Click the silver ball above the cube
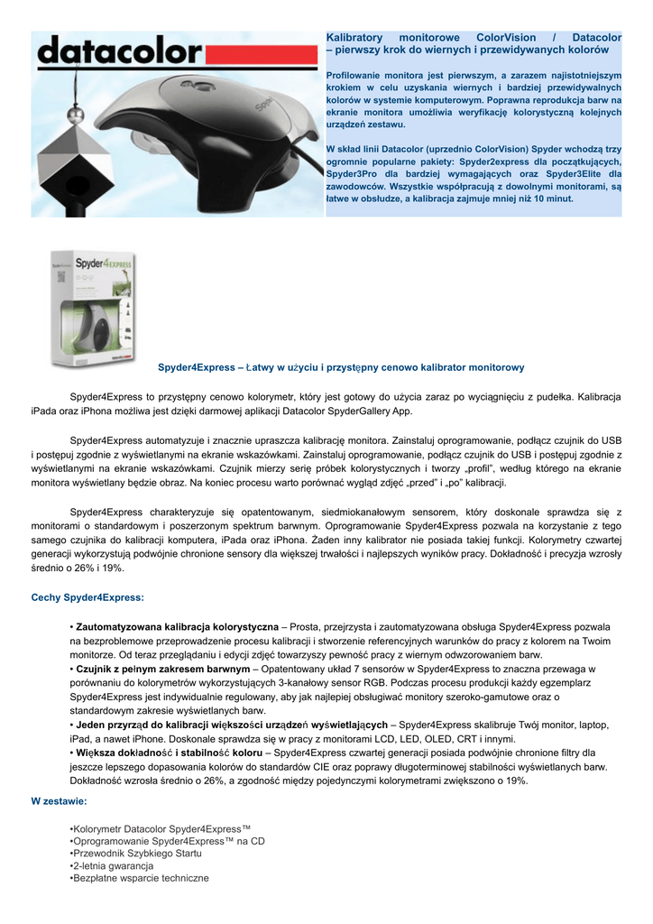77,115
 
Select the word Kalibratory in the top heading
354,37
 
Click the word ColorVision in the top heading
506,37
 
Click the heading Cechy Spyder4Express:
87,596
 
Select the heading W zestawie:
59,800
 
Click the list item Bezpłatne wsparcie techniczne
141,878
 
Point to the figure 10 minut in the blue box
550,198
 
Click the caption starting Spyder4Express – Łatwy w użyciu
341,367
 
